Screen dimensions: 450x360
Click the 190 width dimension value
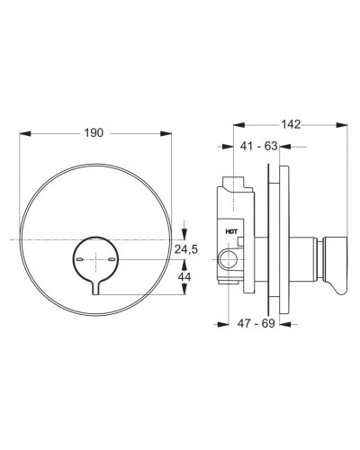point(94,131)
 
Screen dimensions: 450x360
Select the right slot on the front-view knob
point(112,258)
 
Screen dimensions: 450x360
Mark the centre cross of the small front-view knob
point(96,258)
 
